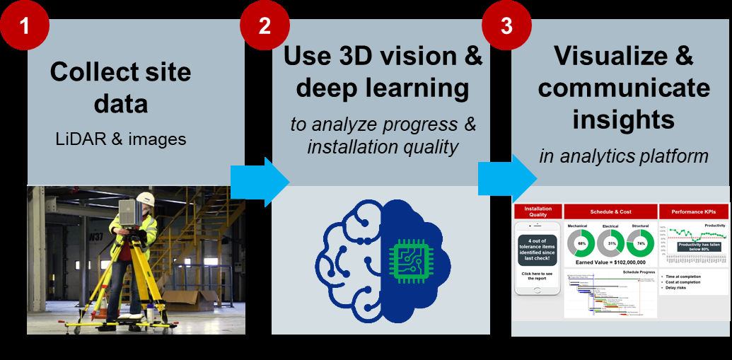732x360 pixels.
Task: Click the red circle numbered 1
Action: [x=25, y=26]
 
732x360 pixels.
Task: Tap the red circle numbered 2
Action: [x=264, y=26]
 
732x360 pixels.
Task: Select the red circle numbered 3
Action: [x=506, y=26]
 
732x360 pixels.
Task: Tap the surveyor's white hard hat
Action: [x=146, y=198]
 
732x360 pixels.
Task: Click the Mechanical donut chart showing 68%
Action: [x=581, y=243]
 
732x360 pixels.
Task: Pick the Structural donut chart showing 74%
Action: [x=640, y=243]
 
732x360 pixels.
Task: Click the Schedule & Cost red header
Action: [x=610, y=211]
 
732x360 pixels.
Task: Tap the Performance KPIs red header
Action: [x=692, y=211]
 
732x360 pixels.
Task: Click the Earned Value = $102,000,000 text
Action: [x=610, y=262]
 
